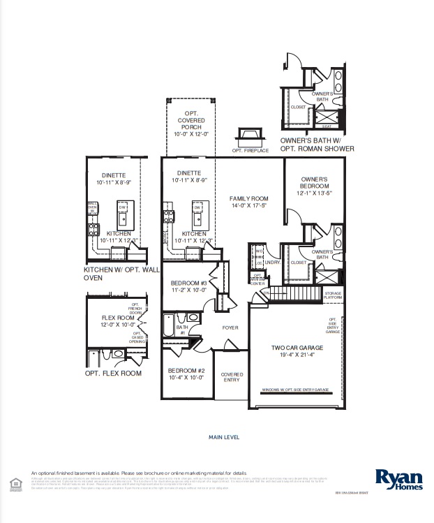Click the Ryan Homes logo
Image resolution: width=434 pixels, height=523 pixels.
tap(398, 478)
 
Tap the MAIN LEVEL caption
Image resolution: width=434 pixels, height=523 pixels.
tap(224, 437)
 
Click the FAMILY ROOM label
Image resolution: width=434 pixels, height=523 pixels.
tap(249, 202)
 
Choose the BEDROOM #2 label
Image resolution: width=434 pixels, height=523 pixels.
tap(186, 374)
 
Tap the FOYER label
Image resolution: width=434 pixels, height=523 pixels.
tap(230, 327)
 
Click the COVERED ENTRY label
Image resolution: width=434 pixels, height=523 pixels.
tap(232, 377)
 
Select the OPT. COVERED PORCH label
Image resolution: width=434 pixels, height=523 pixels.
tap(191, 124)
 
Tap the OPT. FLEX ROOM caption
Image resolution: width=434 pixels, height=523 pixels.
tap(113, 374)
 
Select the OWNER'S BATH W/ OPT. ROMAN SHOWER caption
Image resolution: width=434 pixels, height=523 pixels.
tap(317, 145)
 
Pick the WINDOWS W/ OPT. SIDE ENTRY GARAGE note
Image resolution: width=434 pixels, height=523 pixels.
tap(295, 390)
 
